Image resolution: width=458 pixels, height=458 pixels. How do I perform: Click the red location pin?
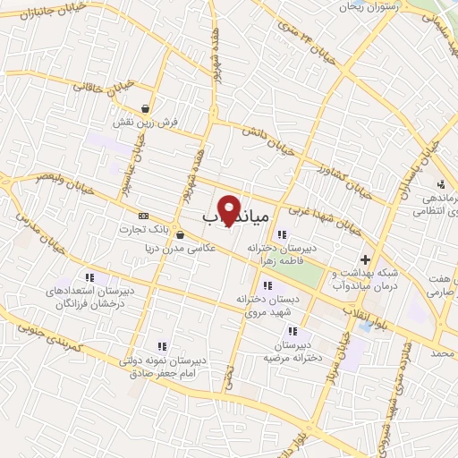click(x=230, y=208)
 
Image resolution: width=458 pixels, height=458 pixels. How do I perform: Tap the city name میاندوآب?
click(x=235, y=216)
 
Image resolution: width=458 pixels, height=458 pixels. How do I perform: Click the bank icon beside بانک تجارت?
click(x=143, y=216)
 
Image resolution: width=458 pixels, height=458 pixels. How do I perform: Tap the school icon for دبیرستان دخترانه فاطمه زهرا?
click(x=282, y=235)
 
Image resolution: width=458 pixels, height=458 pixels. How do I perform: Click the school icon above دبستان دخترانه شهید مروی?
click(x=267, y=285)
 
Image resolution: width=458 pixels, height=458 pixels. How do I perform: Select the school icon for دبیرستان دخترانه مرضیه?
click(x=293, y=331)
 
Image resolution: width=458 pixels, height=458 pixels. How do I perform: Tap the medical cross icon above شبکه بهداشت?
click(x=364, y=259)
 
